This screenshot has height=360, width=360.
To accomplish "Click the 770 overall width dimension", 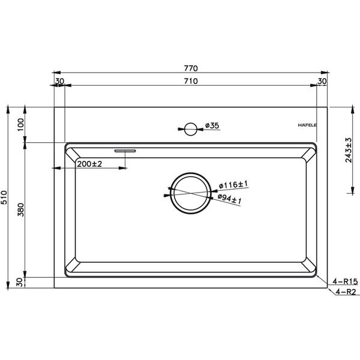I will click(x=190, y=68).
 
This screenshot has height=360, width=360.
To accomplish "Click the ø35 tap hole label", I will click(x=213, y=125).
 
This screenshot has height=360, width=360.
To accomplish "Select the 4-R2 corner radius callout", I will click(x=346, y=292).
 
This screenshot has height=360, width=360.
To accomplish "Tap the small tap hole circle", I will click(x=190, y=127).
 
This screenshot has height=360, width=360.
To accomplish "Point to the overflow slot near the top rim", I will click(x=126, y=148).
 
